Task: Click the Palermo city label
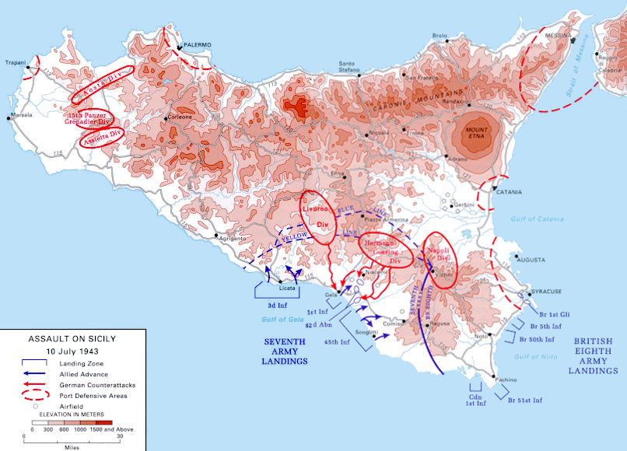point(198,45)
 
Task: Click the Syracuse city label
point(546,292)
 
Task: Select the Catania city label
point(510,192)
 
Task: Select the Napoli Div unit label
point(439,253)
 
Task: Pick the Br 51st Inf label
point(526,400)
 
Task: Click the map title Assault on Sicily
point(72,340)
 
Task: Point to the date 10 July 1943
point(72,351)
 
